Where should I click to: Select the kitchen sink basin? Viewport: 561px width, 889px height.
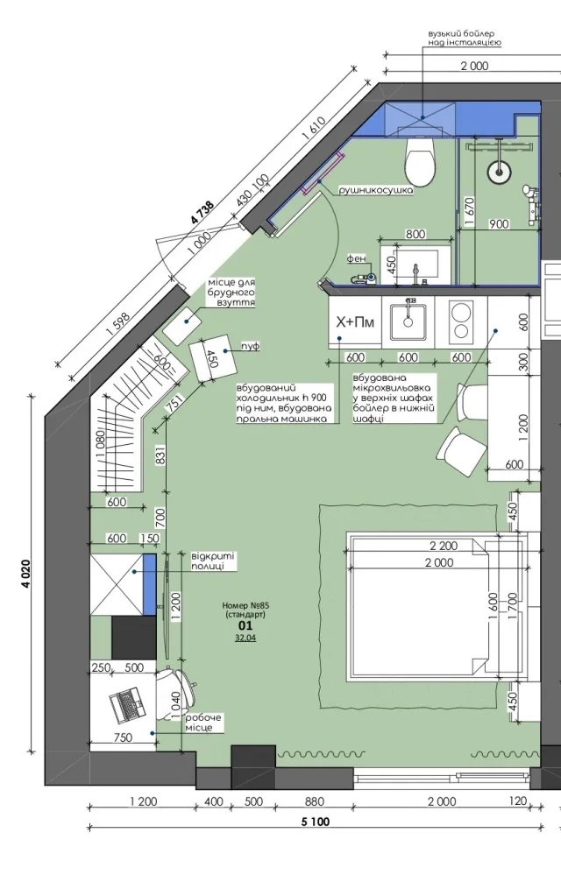(x=408, y=321)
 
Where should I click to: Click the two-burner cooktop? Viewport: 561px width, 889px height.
(x=461, y=321)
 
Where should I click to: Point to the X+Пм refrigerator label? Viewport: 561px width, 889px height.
(x=355, y=322)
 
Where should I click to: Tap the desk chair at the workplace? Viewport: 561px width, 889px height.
(x=176, y=694)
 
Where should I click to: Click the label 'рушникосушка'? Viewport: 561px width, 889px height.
(x=375, y=191)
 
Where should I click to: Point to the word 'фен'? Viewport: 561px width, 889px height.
(x=356, y=258)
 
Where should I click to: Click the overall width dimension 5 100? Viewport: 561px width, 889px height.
(x=316, y=821)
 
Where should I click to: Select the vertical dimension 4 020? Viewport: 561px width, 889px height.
(x=26, y=574)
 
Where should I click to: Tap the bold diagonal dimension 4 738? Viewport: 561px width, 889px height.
(x=202, y=215)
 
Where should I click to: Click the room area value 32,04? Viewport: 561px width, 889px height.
(x=245, y=638)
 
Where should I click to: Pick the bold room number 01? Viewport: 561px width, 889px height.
(x=245, y=626)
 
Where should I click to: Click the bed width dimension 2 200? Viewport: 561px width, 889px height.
(x=444, y=546)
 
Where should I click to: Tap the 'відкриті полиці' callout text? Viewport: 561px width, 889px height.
(x=213, y=561)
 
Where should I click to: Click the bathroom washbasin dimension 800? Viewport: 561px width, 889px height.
(x=415, y=234)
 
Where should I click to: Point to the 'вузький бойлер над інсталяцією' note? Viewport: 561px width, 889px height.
(x=465, y=38)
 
